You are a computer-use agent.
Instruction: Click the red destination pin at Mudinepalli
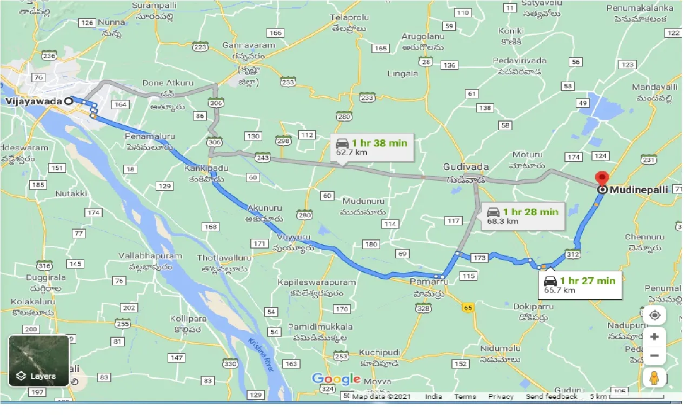click(601, 179)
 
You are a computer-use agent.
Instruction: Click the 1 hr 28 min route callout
click(523, 216)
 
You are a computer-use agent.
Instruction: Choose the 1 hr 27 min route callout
click(580, 285)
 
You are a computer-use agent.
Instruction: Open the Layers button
click(39, 360)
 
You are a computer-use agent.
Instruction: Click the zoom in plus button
click(654, 337)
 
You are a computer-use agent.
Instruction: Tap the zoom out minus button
click(654, 356)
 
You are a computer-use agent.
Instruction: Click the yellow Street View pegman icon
click(654, 378)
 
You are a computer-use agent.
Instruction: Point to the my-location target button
click(654, 315)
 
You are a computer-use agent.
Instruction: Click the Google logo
click(336, 379)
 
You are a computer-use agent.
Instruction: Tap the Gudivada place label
click(465, 167)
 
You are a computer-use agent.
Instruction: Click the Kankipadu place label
click(203, 168)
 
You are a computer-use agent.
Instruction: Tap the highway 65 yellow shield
click(468, 307)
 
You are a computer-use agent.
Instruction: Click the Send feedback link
click(551, 397)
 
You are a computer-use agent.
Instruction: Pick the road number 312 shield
click(572, 254)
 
